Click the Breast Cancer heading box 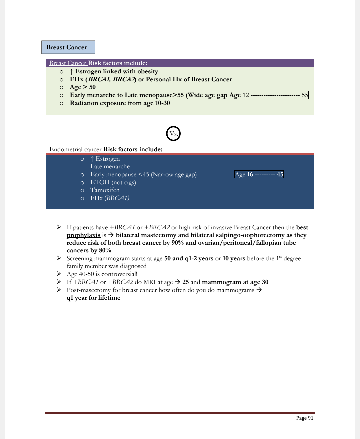pyautogui.click(x=68, y=47)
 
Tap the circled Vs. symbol pyautogui.click(x=173, y=134)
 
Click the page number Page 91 pyautogui.click(x=305, y=418)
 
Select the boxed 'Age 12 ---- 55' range pyautogui.click(x=269, y=95)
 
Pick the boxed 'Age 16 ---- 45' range pyautogui.click(x=259, y=174)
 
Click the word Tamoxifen pyautogui.click(x=105, y=190)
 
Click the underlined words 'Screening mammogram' pyautogui.click(x=98, y=258)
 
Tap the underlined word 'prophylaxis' pyautogui.click(x=83, y=235)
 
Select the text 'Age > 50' pyautogui.click(x=83, y=87)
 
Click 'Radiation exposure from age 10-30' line pyautogui.click(x=120, y=103)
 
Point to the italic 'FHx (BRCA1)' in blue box pyautogui.click(x=110, y=198)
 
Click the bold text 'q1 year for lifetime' pyautogui.click(x=93, y=298)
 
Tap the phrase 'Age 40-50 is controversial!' pyautogui.click(x=102, y=274)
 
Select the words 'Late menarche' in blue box pyautogui.click(x=110, y=166)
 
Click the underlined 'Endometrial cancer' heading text pyautogui.click(x=76, y=149)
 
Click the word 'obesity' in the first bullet pyautogui.click(x=147, y=71)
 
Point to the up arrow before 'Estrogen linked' pyautogui.click(x=71, y=71)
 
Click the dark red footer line pyautogui.click(x=180, y=413)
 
